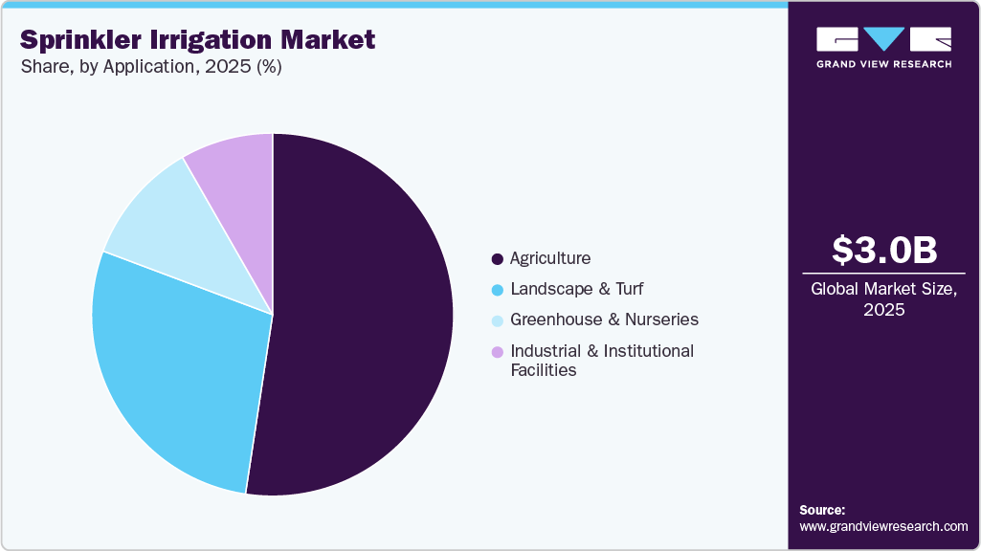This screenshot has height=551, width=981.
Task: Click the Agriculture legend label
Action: pos(550,258)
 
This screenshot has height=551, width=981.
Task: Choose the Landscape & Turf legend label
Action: pos(577,289)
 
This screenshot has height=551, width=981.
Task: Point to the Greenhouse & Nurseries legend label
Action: pos(604,320)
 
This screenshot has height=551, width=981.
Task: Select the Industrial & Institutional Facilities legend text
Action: pos(601,361)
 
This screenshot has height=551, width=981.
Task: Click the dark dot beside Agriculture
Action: pos(497,259)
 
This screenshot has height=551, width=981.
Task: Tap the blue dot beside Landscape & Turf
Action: pos(497,290)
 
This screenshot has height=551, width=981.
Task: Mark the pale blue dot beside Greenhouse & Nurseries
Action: pos(497,320)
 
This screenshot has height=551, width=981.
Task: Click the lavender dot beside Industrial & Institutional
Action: pos(497,352)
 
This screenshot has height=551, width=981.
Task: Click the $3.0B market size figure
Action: pos(883,250)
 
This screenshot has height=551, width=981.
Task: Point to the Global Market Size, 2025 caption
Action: pos(883,299)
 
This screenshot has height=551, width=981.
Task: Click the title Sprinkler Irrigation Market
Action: pos(197,40)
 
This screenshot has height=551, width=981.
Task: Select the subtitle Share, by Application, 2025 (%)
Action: pos(151,67)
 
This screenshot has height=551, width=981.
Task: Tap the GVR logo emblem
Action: pos(883,39)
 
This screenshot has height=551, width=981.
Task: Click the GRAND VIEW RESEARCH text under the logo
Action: pos(883,64)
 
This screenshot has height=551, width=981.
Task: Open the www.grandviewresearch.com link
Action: pos(883,526)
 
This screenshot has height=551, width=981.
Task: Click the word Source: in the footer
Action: pos(822,510)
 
